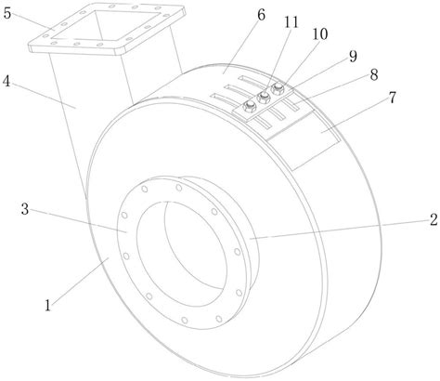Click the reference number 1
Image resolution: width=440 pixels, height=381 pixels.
47,305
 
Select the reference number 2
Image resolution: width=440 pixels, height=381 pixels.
434,219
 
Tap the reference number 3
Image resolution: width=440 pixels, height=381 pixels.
25,209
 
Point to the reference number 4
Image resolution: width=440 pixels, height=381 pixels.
6,82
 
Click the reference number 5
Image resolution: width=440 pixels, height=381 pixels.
7,13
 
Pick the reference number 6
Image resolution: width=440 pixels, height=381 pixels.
261,15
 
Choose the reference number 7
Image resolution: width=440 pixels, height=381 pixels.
392,98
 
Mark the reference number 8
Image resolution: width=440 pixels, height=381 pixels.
374,74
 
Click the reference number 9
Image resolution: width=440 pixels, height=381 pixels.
353,56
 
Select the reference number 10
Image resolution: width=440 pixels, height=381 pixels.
319,34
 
